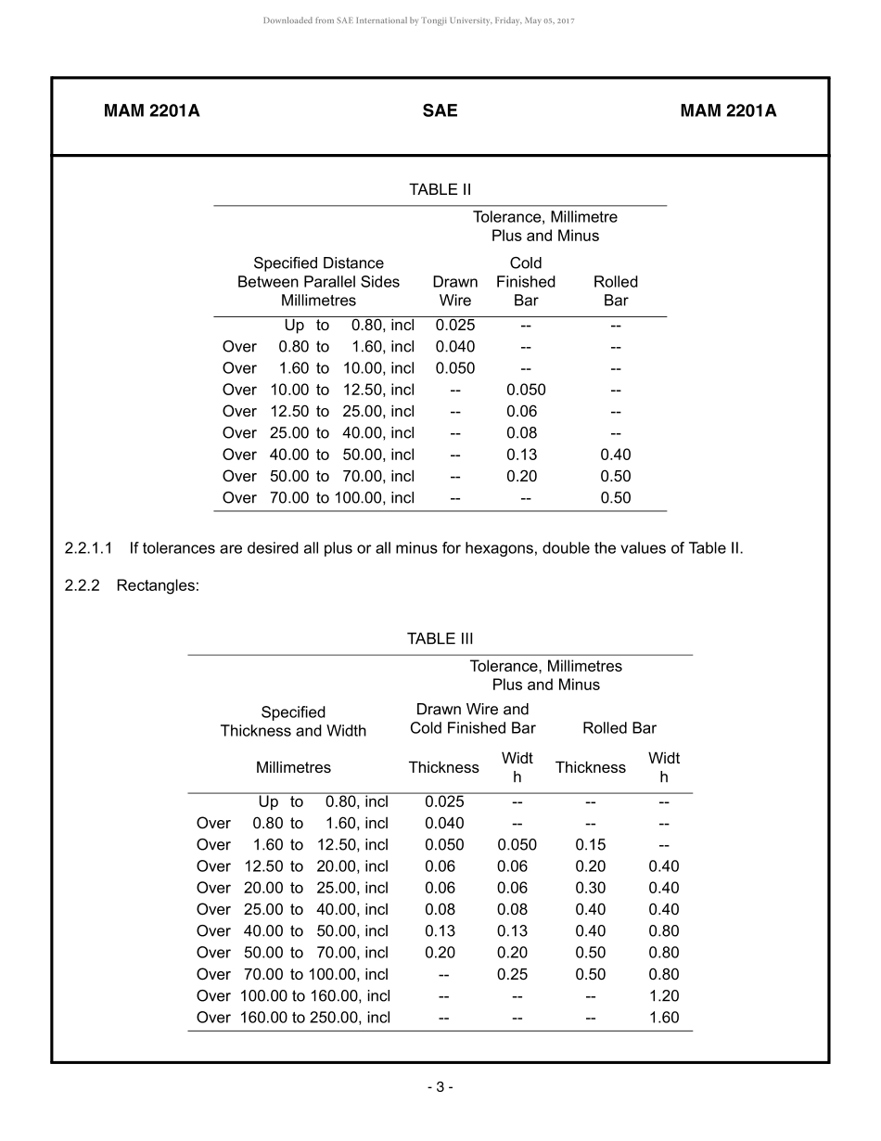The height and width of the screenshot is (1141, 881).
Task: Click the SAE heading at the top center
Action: pos(440,111)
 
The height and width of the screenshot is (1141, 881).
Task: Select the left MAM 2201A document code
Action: pos(151,111)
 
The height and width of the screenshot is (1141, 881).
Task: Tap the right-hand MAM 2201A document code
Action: pos(728,111)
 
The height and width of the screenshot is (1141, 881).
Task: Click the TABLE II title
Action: pos(440,190)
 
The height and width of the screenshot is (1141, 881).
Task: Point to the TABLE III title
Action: pos(440,639)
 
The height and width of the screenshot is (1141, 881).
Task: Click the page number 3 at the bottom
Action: pos(440,1087)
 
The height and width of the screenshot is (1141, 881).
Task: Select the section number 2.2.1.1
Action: pos(89,548)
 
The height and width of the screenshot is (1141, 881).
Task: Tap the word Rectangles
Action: pos(158,586)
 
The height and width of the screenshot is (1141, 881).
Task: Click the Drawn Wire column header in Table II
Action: pos(455,291)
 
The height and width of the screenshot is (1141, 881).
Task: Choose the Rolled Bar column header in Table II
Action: pos(616,291)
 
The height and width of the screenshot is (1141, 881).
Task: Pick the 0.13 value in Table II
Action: pos(522,455)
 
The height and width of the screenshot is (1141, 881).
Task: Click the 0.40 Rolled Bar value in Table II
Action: pos(616,455)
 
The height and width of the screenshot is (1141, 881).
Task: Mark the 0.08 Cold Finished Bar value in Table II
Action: pos(522,433)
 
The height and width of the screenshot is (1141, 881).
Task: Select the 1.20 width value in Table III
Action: pos(664,996)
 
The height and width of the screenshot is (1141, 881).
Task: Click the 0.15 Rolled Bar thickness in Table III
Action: pos(591,845)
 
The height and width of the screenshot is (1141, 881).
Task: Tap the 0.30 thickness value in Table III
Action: pos(591,888)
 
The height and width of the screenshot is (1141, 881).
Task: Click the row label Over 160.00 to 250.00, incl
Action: pos(293,1018)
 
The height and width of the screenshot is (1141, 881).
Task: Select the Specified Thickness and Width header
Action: pos(293,722)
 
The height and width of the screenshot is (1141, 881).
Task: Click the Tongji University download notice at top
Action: pos(419,20)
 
